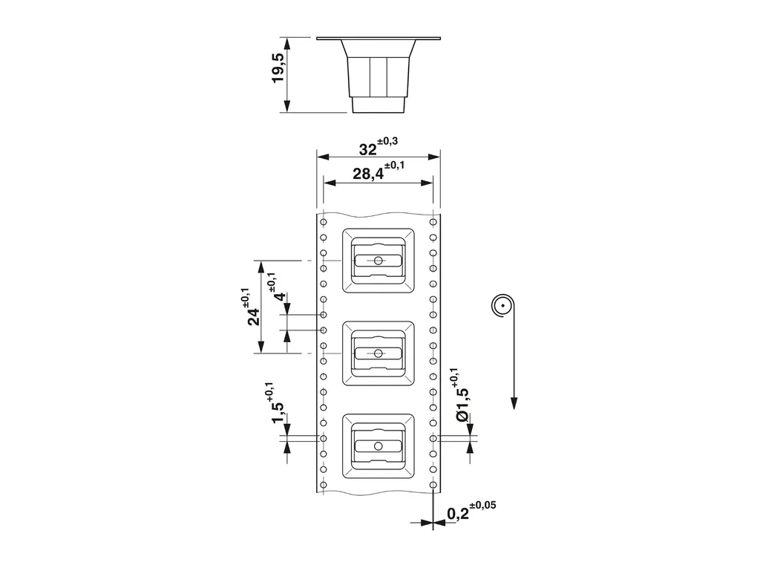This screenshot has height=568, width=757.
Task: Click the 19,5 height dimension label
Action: pos(278,68)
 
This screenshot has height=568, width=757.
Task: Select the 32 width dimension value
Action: pos(367,150)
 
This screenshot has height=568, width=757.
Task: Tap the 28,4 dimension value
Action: pos(368,174)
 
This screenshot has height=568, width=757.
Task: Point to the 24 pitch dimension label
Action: pos(254,316)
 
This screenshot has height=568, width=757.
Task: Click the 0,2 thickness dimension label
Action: pos(458,513)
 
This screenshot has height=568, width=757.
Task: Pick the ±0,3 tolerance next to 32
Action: pos(387,141)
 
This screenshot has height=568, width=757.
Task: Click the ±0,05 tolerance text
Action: pos(482,505)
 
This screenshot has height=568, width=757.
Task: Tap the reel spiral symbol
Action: pos(502,306)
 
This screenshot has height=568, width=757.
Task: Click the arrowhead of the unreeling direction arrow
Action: pos(514,403)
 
